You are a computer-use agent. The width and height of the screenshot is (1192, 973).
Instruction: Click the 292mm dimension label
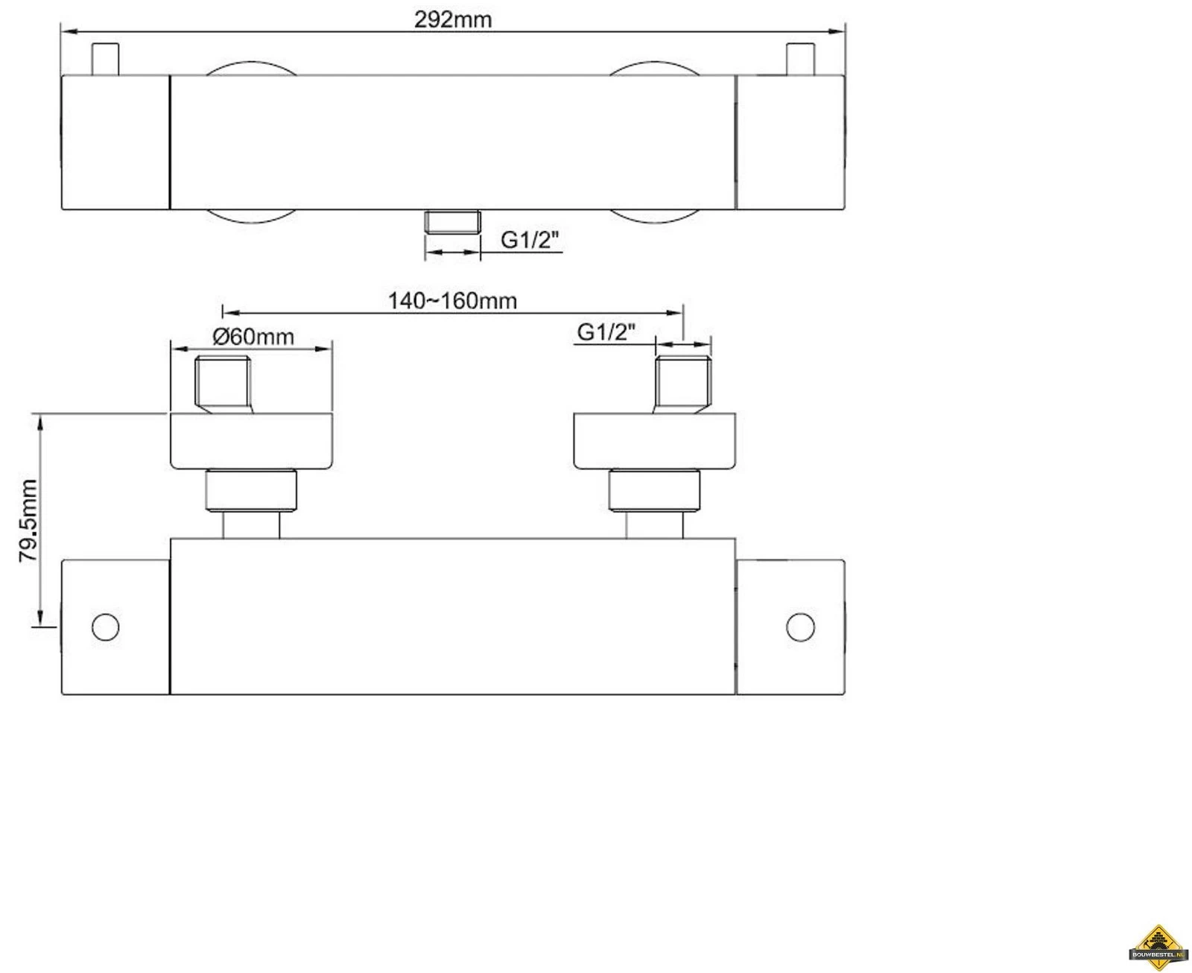[453, 20]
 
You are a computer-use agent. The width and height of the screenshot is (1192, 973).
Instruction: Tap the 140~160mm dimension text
[452, 301]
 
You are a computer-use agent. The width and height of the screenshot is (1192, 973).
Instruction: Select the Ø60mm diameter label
[253, 337]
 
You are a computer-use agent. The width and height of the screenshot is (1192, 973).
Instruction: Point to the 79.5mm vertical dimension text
[28, 521]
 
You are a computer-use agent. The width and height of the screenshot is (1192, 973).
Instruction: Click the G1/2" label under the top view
[530, 241]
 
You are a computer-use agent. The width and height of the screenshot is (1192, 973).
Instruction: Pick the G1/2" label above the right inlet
[606, 332]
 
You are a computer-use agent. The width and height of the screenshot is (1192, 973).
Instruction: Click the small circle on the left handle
[106, 627]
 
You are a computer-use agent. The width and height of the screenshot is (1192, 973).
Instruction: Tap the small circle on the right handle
[800, 627]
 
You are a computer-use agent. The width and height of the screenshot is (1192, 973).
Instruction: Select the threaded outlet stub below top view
[453, 221]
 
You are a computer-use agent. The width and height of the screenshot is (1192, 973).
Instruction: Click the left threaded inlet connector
[223, 384]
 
